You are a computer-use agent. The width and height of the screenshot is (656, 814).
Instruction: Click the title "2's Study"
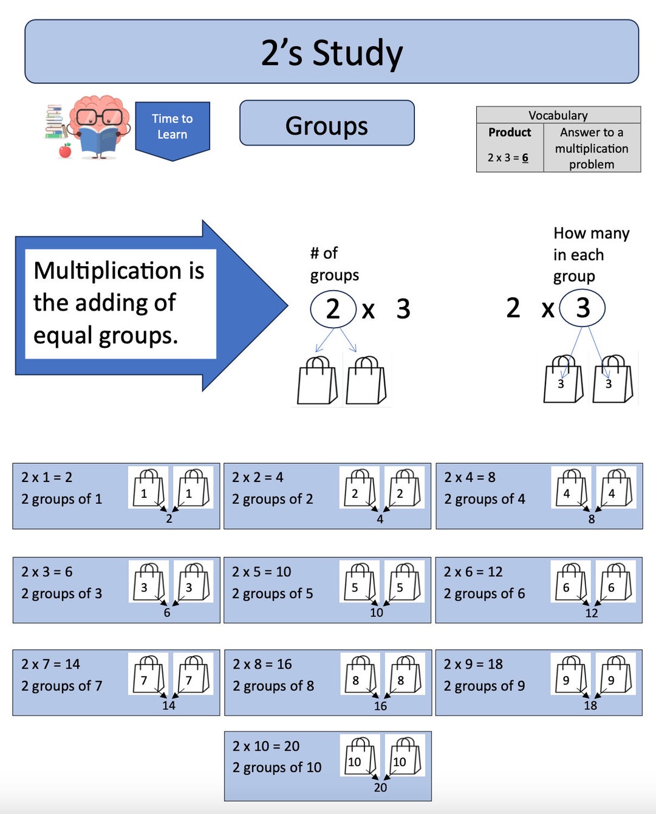tap(332, 53)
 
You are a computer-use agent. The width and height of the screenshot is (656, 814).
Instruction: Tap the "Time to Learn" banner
tap(173, 127)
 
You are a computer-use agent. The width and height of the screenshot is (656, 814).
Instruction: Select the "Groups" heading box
tap(327, 126)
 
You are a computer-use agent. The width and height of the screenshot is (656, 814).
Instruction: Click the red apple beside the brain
tap(65, 150)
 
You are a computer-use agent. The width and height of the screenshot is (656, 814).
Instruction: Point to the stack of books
tap(55, 122)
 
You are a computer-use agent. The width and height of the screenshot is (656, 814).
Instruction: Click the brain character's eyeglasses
tap(99, 117)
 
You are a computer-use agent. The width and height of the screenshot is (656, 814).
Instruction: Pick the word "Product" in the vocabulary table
tap(510, 133)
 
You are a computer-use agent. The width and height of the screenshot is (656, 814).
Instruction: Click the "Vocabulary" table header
tap(558, 115)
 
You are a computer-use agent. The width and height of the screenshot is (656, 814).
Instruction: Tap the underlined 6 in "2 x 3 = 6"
tap(525, 157)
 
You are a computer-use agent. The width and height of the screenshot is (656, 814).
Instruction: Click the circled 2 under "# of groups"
tap(333, 309)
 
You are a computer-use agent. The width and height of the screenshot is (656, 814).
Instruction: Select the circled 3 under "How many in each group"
tap(583, 308)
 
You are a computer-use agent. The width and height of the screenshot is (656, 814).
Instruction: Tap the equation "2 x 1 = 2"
tap(47, 477)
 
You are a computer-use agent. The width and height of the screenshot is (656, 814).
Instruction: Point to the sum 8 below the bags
tap(591, 519)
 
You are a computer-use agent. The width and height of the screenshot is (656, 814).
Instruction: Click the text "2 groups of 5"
tap(272, 593)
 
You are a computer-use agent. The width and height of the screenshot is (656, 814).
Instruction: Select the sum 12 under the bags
tap(592, 613)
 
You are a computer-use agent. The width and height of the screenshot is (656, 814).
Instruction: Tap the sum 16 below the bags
tap(380, 706)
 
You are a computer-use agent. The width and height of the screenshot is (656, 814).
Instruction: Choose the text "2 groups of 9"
tap(484, 686)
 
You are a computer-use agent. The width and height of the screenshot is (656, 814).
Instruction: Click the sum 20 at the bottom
tap(380, 787)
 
